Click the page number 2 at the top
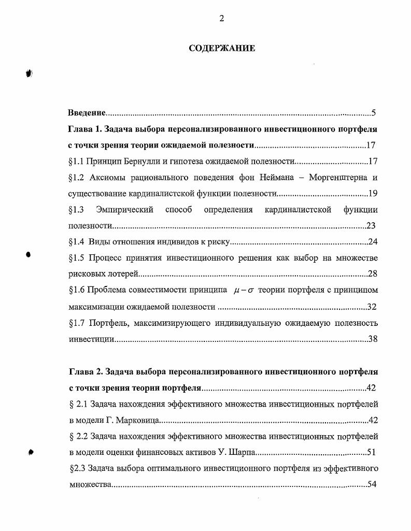(221, 19)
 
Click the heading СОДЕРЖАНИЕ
(221, 49)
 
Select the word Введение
(87, 113)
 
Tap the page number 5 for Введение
(373, 113)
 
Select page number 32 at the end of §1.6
(372, 307)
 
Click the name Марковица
(138, 420)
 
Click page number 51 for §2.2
(371, 452)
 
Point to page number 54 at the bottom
(371, 485)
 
